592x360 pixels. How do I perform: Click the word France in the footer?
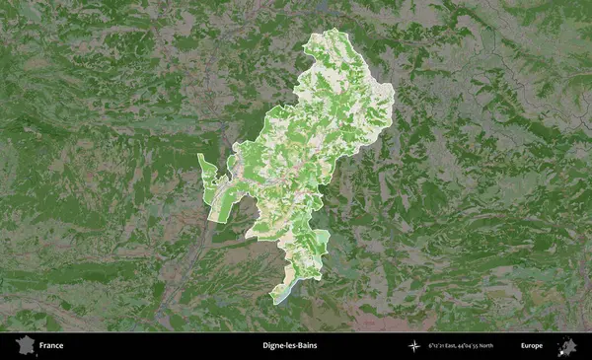52,346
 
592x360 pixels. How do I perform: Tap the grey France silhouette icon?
24,346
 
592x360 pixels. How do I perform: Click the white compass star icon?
415,346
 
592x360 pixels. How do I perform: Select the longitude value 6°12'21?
438,346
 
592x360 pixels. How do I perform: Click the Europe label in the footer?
531,346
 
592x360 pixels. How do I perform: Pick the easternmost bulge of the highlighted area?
389,99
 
